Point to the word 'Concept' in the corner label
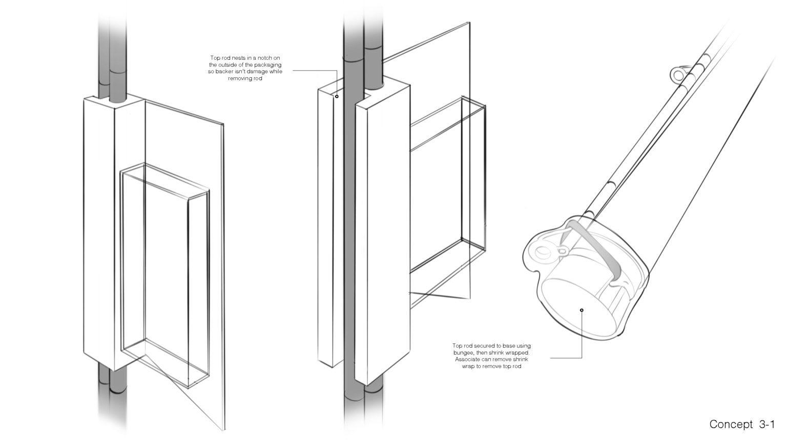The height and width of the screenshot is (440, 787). pos(731,424)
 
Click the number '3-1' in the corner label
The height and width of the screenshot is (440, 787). pos(767,424)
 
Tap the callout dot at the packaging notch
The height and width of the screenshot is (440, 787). pos(337,97)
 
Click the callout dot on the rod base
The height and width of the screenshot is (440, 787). pos(582,310)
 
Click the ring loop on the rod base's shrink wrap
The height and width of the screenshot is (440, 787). pos(544,252)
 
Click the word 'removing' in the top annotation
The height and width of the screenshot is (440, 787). pos(240,79)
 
